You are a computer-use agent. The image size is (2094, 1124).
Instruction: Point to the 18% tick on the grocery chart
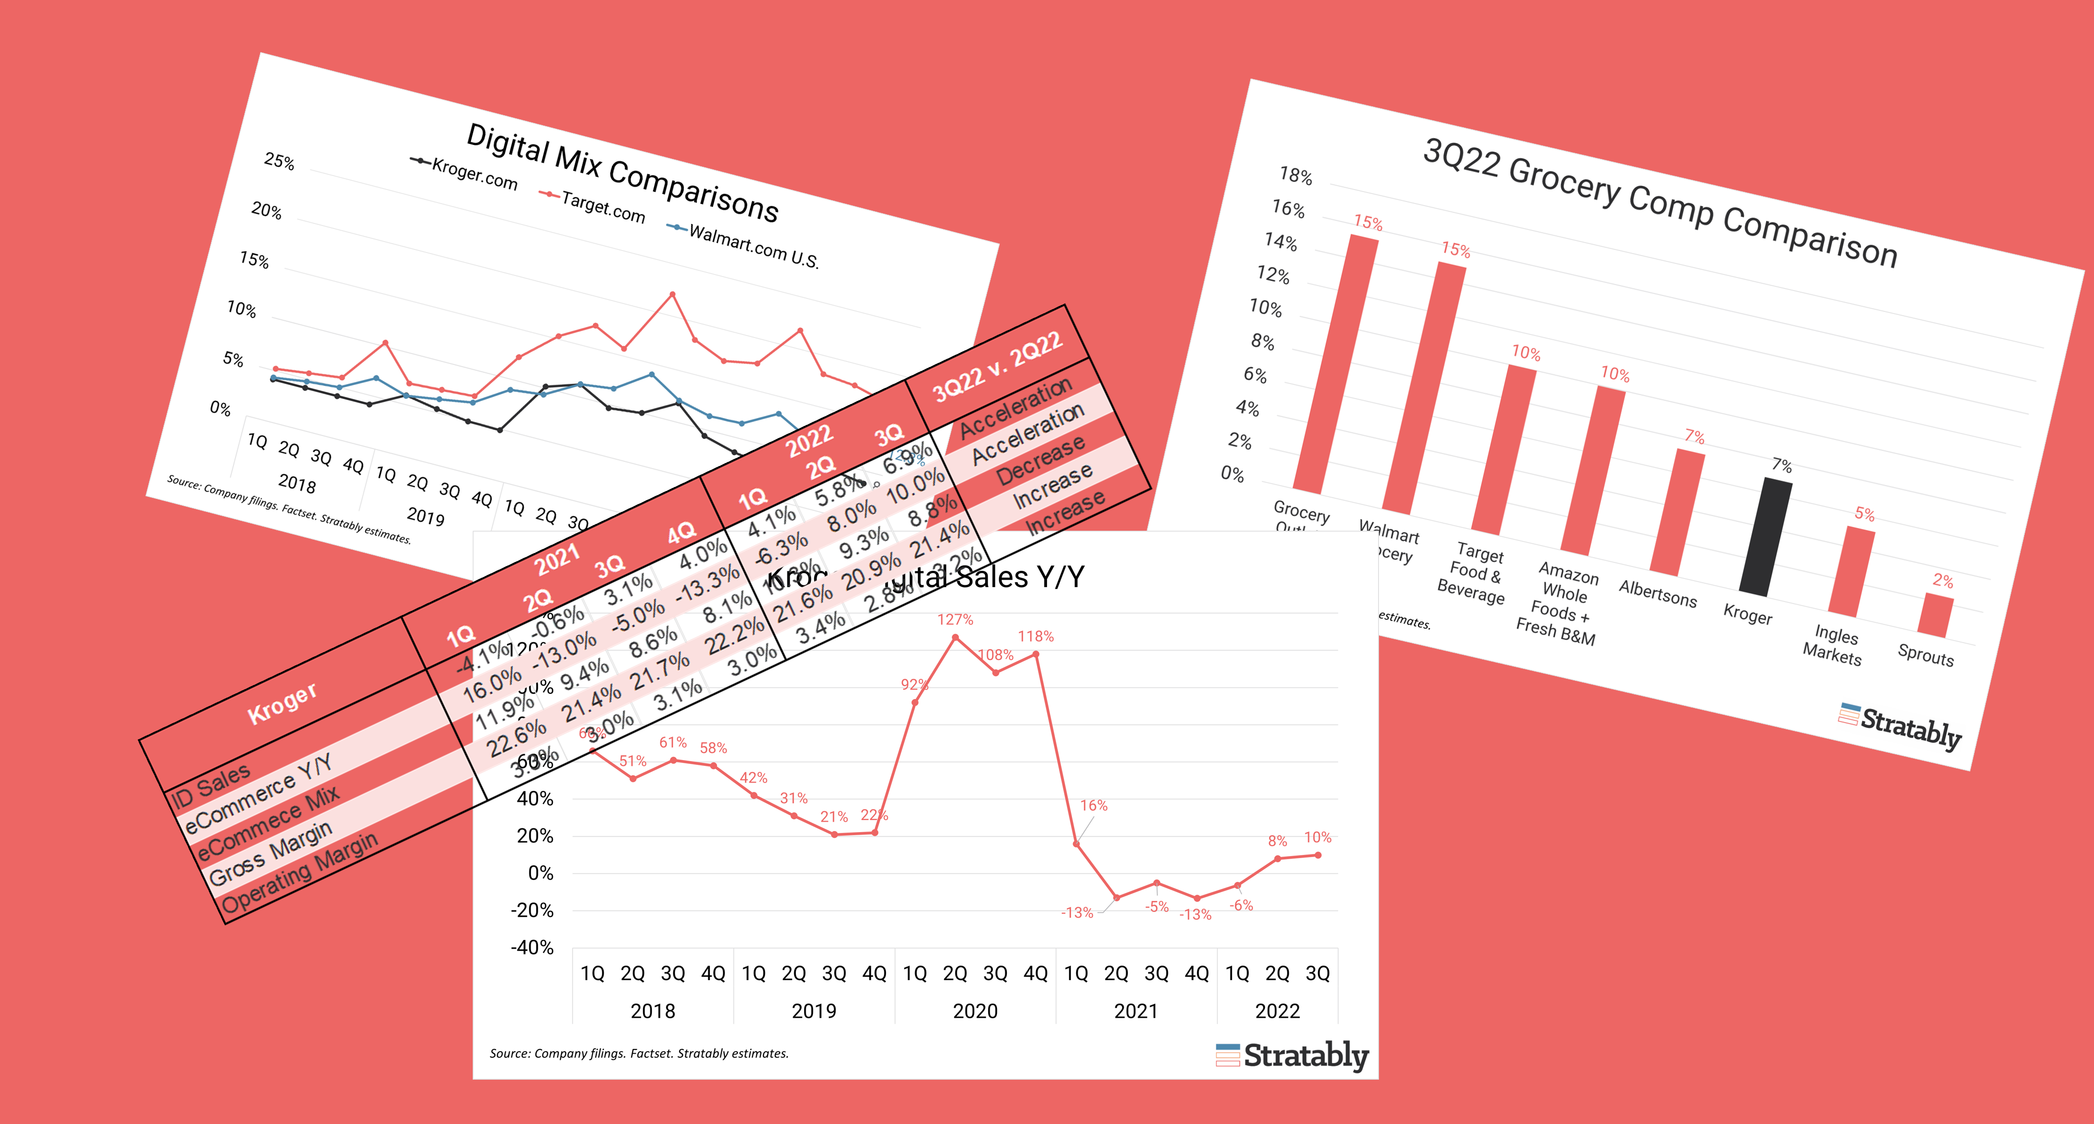click(1295, 175)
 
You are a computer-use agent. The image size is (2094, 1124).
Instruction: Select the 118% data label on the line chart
click(1036, 636)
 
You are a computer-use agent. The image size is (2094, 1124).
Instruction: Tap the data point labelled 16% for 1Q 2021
click(1076, 844)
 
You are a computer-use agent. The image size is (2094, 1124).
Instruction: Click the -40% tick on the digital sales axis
click(532, 947)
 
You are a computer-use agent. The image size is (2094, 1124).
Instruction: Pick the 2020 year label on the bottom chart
click(975, 1011)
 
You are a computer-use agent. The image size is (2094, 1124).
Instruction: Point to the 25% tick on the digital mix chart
click(279, 161)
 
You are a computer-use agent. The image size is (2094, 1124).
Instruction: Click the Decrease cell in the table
click(1041, 460)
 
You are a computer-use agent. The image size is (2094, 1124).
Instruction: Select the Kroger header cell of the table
click(281, 703)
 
